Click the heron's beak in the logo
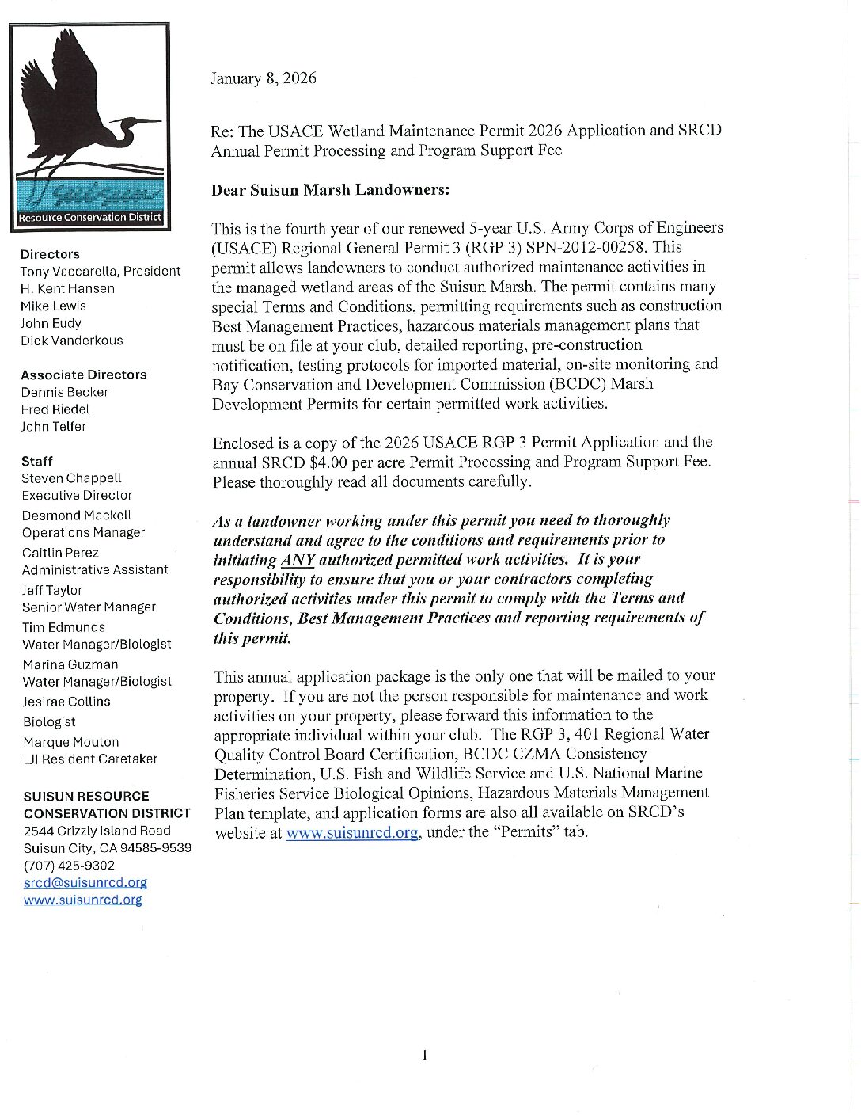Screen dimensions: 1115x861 coord(146,121)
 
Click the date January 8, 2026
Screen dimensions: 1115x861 coord(263,78)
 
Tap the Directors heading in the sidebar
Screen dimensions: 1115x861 coord(50,254)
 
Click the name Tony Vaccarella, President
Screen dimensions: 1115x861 coord(101,271)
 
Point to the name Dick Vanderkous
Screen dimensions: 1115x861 coord(71,341)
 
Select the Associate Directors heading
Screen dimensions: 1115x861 coord(84,375)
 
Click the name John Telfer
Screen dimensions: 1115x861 coord(54,426)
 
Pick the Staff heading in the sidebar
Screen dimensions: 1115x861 coord(37,461)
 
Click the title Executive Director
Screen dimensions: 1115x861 coord(77,495)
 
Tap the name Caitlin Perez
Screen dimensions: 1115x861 coord(60,553)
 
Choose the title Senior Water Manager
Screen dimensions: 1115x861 coord(89,607)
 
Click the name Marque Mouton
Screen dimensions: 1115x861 coord(70,742)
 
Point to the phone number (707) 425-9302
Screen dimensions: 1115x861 coord(69,866)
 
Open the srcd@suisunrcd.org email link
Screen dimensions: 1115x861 coord(85,882)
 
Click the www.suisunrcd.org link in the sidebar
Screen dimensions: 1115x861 coord(83,900)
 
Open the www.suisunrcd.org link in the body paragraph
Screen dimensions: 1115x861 coord(351,833)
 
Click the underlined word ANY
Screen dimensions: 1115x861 coord(298,560)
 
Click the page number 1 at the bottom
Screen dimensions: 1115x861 coord(425,1055)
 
